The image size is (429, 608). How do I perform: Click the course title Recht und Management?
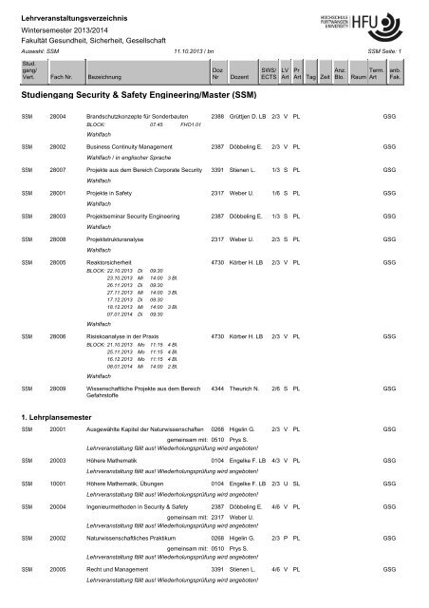121,568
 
